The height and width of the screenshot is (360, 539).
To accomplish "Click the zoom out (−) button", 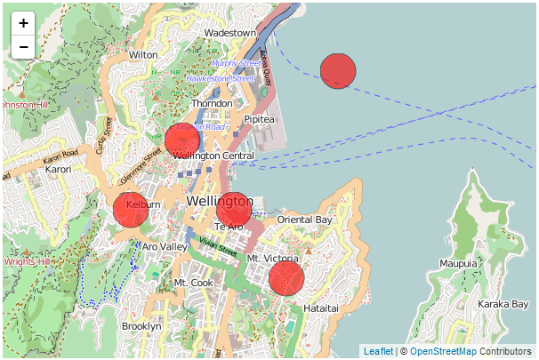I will (x=23, y=46).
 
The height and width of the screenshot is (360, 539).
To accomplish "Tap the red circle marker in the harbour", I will (x=338, y=71).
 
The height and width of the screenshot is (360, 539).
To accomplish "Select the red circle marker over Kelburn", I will (x=131, y=210).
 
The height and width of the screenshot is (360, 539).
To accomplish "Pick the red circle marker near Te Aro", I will (x=234, y=209).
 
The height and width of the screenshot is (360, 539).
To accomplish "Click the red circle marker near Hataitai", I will (x=286, y=278).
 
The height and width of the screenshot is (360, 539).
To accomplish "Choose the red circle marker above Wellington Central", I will (x=182, y=140).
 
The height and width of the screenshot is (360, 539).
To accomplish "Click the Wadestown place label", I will (x=230, y=33).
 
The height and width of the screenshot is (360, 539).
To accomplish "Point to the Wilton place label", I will (x=143, y=54).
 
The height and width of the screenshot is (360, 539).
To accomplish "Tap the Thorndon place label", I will (x=212, y=103).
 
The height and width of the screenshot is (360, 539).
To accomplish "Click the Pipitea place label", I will (x=260, y=118).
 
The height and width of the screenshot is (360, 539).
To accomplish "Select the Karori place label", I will (x=58, y=169).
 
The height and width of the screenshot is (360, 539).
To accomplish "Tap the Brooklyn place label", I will (x=141, y=326).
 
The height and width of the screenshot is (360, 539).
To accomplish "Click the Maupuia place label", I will (x=458, y=263).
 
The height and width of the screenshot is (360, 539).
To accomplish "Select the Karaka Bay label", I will (x=503, y=304).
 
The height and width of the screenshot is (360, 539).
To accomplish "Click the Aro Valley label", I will (x=165, y=246).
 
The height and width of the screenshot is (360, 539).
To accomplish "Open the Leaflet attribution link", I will (x=378, y=352).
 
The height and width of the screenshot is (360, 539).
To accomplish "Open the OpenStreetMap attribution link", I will (x=450, y=352).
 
